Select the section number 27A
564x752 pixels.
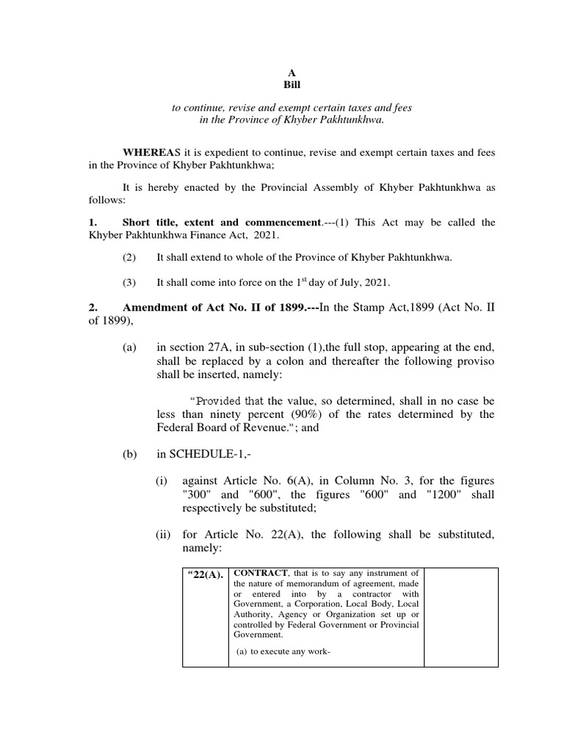[x=225, y=347]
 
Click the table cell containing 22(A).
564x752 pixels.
[x=205, y=574]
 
